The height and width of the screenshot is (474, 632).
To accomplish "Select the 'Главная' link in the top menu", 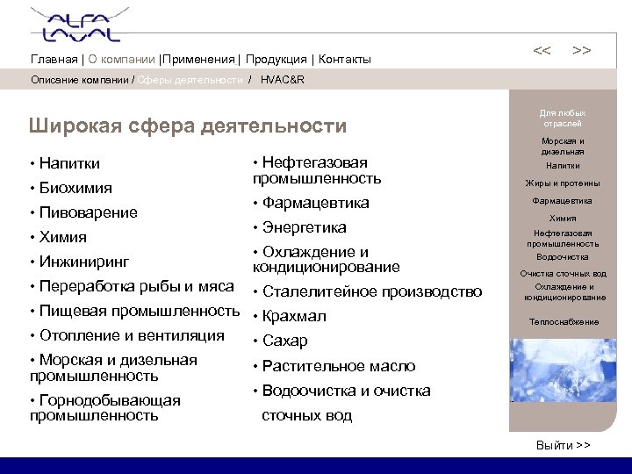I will [54, 60].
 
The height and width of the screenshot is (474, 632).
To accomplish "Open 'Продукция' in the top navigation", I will [276, 60].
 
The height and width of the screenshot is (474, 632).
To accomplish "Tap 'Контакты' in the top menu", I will [345, 60].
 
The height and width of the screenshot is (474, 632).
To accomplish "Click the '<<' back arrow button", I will [542, 51].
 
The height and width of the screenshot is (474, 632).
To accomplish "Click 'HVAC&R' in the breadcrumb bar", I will [283, 80].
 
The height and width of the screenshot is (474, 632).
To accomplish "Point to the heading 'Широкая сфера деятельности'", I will [188, 126].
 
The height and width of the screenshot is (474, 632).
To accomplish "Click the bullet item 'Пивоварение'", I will [88, 212].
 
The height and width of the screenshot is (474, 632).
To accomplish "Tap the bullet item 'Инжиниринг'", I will [84, 262].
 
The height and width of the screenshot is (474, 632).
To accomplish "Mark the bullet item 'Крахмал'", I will [294, 316].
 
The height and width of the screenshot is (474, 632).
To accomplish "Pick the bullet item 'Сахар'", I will [286, 341].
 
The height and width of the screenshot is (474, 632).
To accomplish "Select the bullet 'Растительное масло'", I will [339, 366].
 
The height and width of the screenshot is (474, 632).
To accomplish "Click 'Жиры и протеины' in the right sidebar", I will [563, 183].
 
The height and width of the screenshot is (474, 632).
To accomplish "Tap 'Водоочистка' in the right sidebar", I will [563, 257].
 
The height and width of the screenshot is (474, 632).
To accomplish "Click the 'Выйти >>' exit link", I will [563, 446].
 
